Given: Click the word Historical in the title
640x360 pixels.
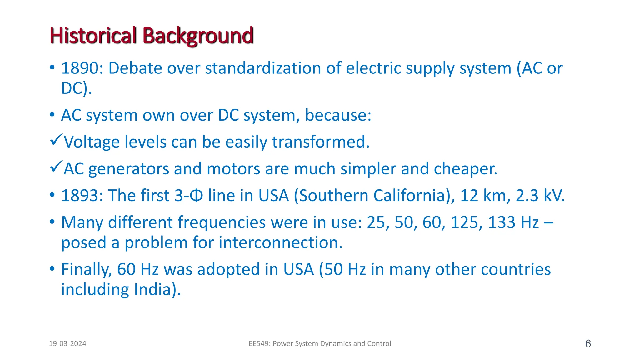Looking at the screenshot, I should pyautogui.click(x=93, y=36).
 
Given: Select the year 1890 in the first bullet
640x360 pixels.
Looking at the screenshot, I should pyautogui.click(x=80, y=68).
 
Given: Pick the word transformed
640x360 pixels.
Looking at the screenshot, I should pyautogui.click(x=321, y=142).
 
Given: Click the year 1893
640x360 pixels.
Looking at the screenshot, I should pyautogui.click(x=80, y=196).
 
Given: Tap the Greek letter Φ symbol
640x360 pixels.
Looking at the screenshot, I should pyautogui.click(x=196, y=196).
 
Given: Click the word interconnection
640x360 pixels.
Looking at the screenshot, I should pyautogui.click(x=280, y=242).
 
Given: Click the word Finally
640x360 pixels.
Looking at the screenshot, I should pyautogui.click(x=86, y=269).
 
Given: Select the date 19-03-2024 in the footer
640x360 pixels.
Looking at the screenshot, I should pyautogui.click(x=67, y=344).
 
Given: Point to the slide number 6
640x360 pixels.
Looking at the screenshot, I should pyautogui.click(x=588, y=344).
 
